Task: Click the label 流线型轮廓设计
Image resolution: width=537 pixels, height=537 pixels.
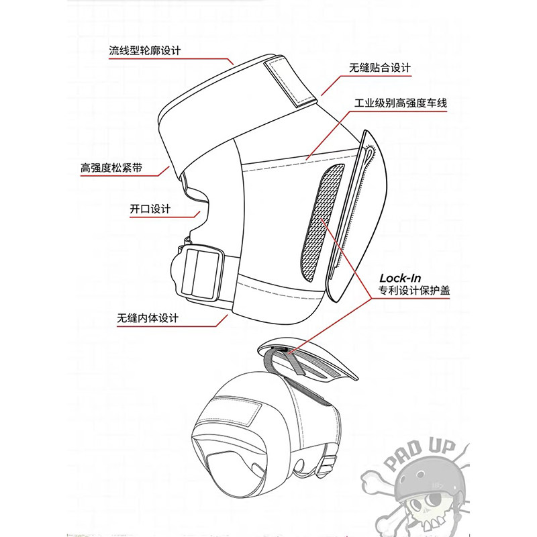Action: click(x=145, y=50)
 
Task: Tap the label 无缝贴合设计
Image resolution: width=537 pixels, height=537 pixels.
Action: click(x=379, y=68)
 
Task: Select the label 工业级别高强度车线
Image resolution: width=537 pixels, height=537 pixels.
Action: click(x=401, y=104)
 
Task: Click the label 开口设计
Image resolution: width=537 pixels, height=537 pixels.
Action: click(x=150, y=209)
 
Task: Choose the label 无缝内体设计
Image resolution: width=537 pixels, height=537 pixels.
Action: click(x=149, y=317)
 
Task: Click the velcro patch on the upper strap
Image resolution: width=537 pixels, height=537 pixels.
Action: click(x=291, y=80)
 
